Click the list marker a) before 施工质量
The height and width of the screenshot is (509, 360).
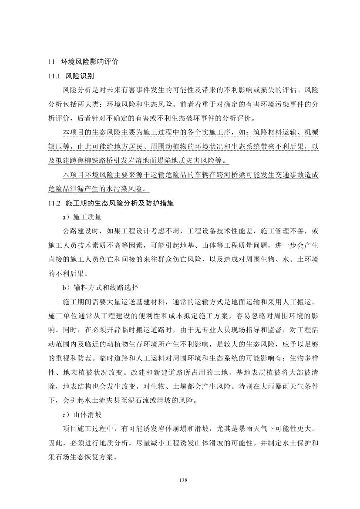pos(66,217)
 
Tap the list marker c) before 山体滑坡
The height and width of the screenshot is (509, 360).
pos(66,415)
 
